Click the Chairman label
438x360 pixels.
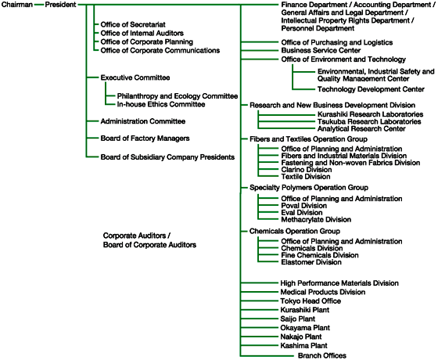pyautogui.click(x=17, y=5)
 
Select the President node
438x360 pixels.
pyautogui.click(x=60, y=5)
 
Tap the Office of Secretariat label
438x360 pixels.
pyautogui.click(x=133, y=24)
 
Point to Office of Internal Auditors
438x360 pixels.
pyautogui.click(x=142, y=33)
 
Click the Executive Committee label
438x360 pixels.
pyautogui.click(x=135, y=77)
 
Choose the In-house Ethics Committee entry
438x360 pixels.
pyautogui.click(x=161, y=105)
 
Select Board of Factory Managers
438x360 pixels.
pyautogui.click(x=145, y=139)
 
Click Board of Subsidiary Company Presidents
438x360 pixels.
pyautogui.click(x=167, y=157)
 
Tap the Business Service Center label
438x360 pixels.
pyautogui.click(x=321, y=51)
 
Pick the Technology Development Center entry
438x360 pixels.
pyautogui.click(x=371, y=89)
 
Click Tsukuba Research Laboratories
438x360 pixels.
pyautogui.click(x=369, y=121)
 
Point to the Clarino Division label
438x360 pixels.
pyautogui.click(x=307, y=170)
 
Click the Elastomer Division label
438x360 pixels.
pyautogui.click(x=311, y=262)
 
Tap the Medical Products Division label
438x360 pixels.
pyautogui.click(x=323, y=292)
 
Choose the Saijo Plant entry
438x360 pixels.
pyautogui.click(x=298, y=319)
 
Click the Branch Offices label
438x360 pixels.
pyautogui.click(x=322, y=355)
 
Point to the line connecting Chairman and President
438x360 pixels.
pyautogui.click(x=39, y=5)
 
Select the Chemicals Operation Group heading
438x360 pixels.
pyautogui.click(x=295, y=231)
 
